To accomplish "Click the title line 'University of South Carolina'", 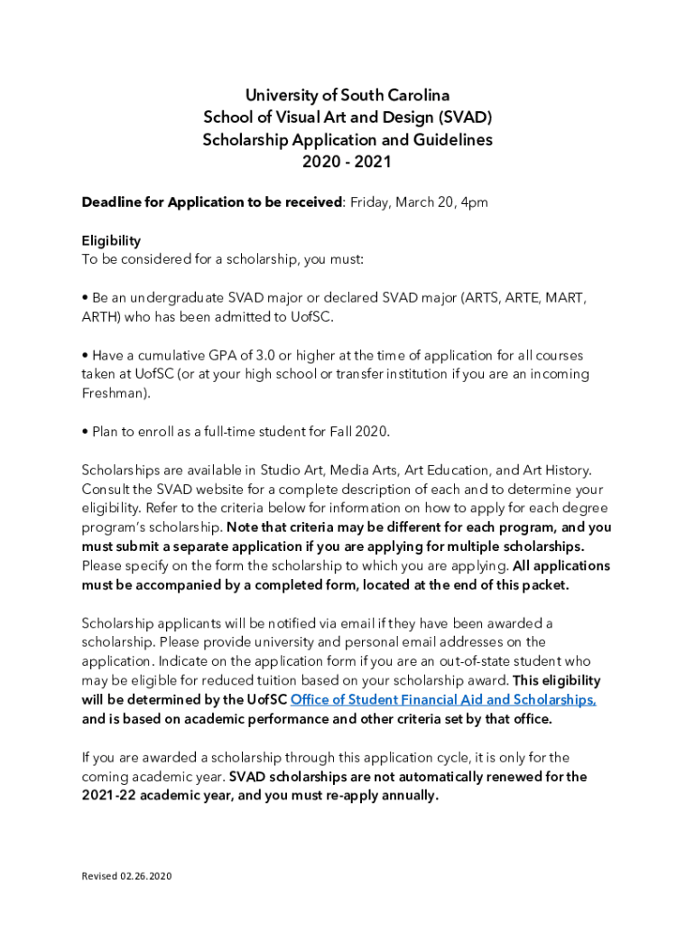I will (x=347, y=95).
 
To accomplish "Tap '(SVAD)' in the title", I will (x=466, y=117).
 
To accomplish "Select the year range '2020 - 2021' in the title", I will (x=347, y=163).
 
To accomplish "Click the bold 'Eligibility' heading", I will (x=111, y=240).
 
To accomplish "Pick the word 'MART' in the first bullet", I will (x=563, y=298).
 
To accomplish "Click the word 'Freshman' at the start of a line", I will (x=113, y=394).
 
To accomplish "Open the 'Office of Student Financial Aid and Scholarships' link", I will (x=442, y=700).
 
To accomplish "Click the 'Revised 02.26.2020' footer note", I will (x=126, y=876).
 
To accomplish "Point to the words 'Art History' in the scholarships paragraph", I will (x=555, y=470).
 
